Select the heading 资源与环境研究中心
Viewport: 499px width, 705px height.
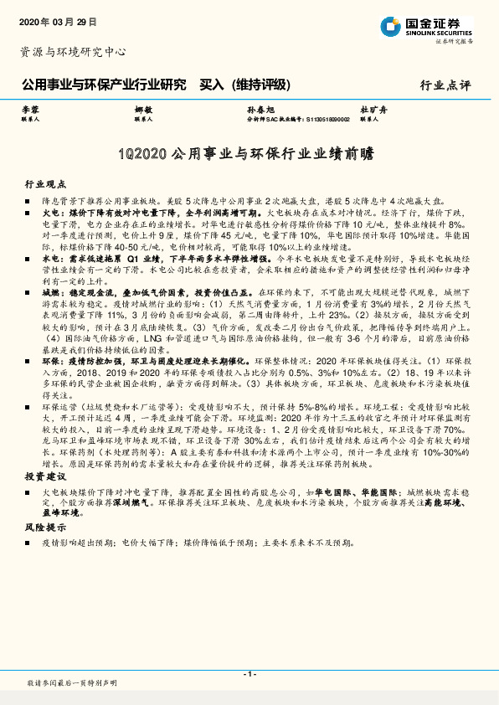pos(73,52)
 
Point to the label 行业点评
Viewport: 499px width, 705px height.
pos(445,85)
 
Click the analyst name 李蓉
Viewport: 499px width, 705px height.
pos(29,111)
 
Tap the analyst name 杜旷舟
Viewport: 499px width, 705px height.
pos(372,111)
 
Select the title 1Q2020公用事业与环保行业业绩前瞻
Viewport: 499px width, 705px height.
pos(249,155)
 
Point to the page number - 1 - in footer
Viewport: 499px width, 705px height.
pos(249,675)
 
